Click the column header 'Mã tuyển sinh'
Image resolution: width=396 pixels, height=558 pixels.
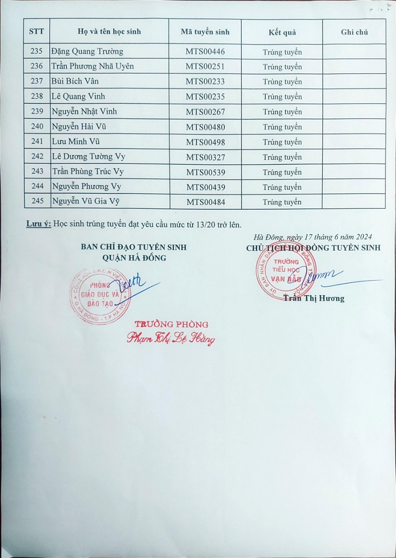205,32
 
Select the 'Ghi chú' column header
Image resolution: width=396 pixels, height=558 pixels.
354,32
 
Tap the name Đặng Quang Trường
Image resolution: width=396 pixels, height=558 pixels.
87,51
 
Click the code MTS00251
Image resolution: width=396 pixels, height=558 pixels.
205,67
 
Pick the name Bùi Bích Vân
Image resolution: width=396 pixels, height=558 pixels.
75,81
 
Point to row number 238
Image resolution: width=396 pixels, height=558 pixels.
37,96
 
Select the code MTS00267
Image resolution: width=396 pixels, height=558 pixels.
205,112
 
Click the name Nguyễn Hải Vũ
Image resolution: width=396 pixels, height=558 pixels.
79,127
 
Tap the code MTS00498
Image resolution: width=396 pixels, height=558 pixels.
206,142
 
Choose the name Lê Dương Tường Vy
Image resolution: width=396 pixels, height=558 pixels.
88,157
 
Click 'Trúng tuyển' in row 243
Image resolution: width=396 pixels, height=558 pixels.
282,172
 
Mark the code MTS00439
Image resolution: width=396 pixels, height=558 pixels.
206,187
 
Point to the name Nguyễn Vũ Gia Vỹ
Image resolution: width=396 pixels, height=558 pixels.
85,201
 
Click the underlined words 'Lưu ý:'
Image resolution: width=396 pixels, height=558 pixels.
39,225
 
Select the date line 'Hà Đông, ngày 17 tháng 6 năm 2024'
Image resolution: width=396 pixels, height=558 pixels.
312,237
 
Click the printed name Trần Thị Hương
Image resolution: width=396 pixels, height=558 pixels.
314,298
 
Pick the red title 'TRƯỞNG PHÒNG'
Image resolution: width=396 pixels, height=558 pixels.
171,324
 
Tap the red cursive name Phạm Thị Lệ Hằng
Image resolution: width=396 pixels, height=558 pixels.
171,338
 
